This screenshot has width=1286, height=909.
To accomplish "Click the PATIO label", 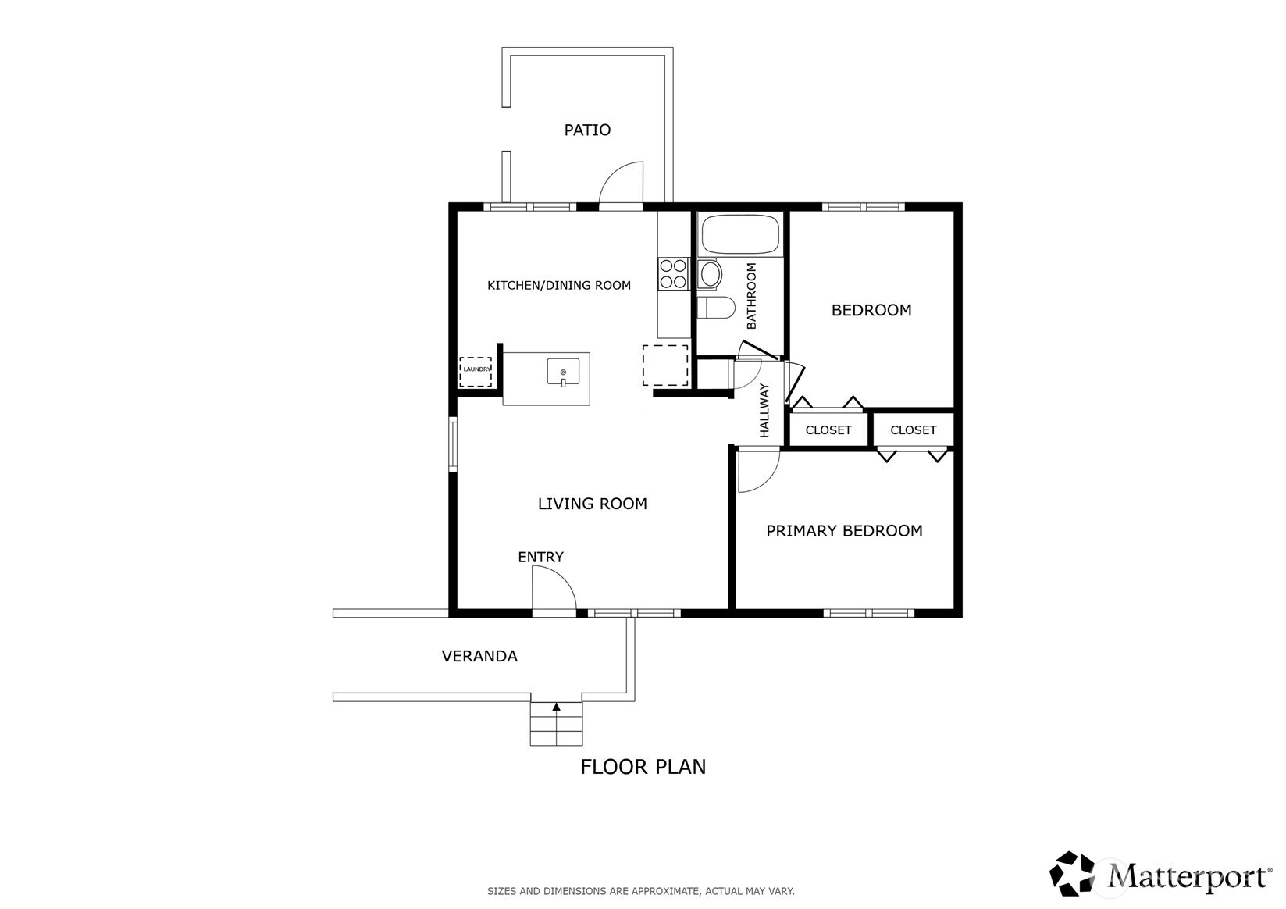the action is point(586,130).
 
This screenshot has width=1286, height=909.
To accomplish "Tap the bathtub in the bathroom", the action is point(740,233).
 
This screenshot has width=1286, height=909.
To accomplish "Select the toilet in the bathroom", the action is point(716,307).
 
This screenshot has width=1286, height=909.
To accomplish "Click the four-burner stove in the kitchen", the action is point(673,273).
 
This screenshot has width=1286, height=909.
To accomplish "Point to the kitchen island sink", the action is point(563,372).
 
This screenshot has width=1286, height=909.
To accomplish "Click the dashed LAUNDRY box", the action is point(476,371).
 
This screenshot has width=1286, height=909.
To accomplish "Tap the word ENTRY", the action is point(540,557).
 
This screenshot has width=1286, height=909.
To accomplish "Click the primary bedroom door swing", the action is point(767,480).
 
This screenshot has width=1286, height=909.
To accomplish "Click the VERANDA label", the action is point(479,656).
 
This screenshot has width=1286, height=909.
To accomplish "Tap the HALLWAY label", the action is point(764,410).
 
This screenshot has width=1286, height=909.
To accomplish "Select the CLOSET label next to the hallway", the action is point(828,430).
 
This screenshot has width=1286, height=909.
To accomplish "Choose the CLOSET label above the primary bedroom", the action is point(913,430).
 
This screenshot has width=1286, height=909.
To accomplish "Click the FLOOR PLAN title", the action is point(643,767).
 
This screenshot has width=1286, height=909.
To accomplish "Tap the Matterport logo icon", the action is point(1072,874).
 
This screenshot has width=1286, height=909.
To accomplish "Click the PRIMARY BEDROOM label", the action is point(844,530).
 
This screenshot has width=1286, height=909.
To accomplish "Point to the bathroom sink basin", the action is point(711,274).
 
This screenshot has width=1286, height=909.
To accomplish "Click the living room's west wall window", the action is point(452,444).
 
